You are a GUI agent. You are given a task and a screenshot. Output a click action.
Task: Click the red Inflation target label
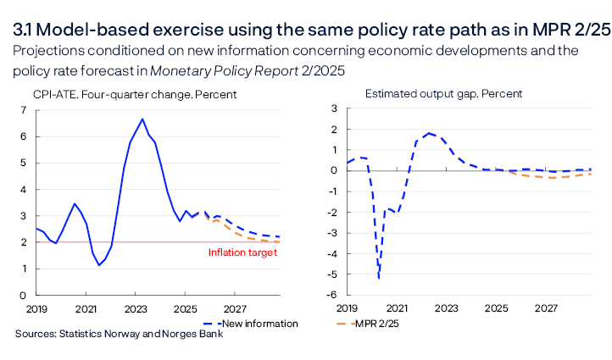(x=242, y=252)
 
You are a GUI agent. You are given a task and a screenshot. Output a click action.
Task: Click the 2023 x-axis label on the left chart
(x=136, y=307)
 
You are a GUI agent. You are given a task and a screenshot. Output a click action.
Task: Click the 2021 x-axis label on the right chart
(x=398, y=307)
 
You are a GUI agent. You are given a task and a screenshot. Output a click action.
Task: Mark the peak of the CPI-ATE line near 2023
(x=142, y=119)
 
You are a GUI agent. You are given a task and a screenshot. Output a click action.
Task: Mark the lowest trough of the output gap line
(x=378, y=278)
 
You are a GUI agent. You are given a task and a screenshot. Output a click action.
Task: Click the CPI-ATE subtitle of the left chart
(x=135, y=94)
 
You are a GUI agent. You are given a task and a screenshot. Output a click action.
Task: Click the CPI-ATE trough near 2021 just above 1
(x=99, y=265)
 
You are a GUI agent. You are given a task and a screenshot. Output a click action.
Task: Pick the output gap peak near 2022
(x=430, y=133)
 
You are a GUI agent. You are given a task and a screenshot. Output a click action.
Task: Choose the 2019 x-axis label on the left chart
(x=36, y=307)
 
